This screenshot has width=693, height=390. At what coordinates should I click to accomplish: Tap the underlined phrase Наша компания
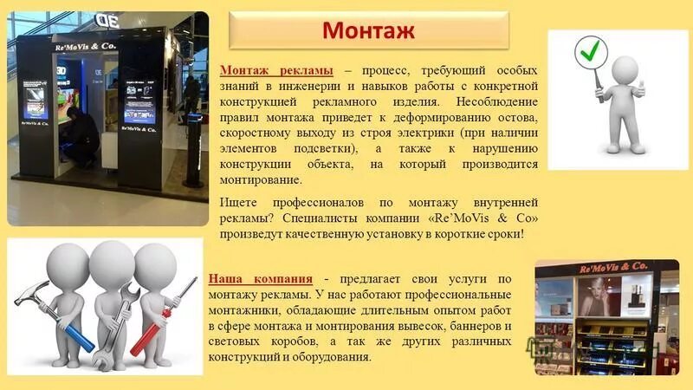pyautogui.click(x=261, y=278)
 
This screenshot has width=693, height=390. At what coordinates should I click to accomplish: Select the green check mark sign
pyautogui.click(x=589, y=54)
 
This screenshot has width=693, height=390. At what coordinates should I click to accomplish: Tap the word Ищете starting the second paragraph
pyautogui.click(x=238, y=203)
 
